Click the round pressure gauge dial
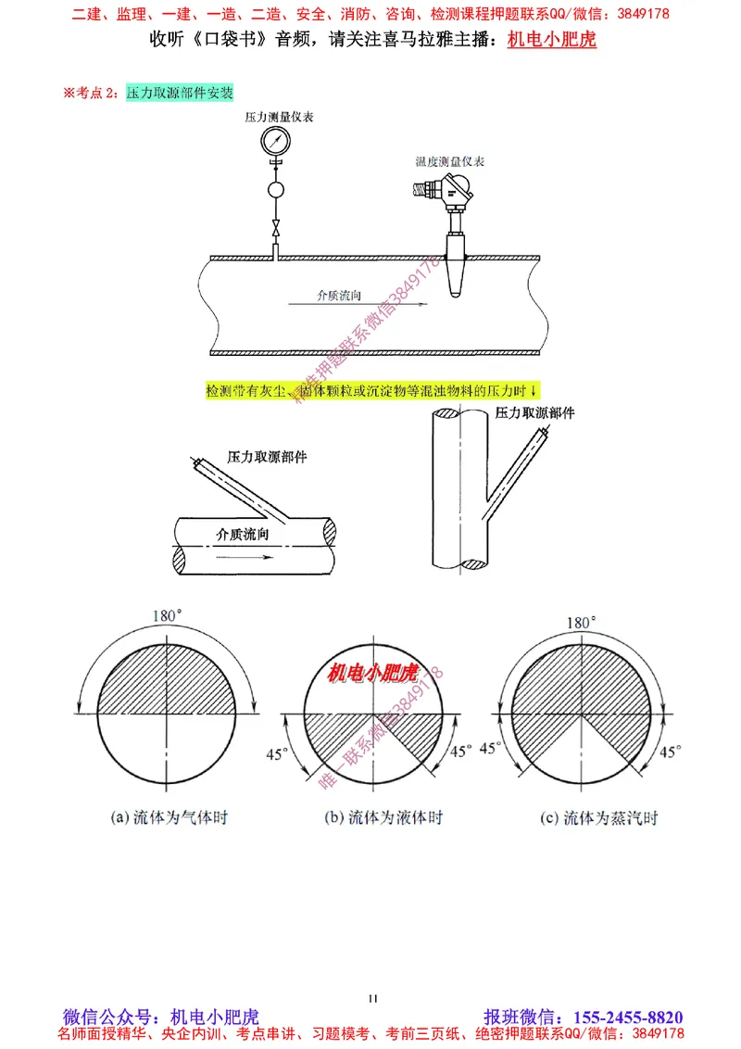point(276,142)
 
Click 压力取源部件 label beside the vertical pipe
point(534,412)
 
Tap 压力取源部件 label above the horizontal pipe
point(267,458)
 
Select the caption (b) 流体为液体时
point(383,818)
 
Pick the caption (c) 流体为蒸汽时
point(599,818)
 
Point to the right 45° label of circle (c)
point(671,751)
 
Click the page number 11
point(372,998)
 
